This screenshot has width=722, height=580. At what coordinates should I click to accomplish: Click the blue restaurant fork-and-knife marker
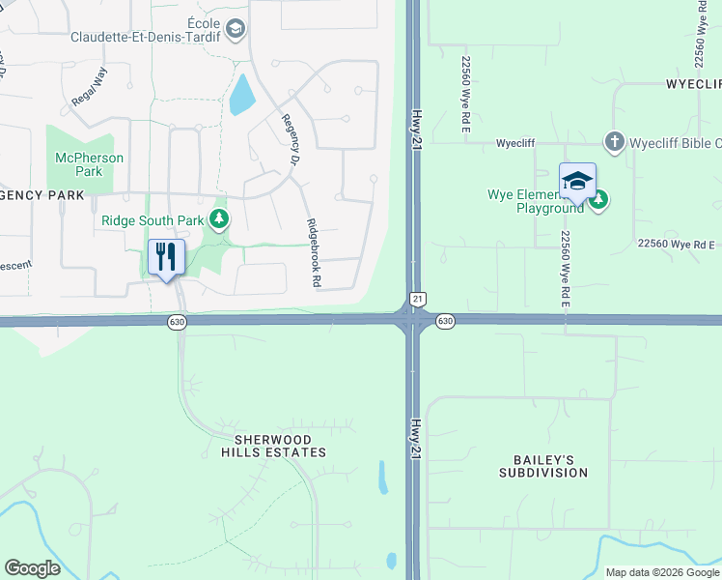coord(166,257)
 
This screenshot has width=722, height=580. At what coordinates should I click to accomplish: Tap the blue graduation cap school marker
coord(577,181)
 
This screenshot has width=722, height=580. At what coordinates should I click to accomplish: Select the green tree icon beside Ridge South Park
coord(220,219)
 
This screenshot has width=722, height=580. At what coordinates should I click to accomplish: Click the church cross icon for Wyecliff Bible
coord(614,142)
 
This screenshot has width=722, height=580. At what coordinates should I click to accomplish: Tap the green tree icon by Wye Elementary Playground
coord(598,200)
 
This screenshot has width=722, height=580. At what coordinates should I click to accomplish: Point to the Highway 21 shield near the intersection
coord(417,300)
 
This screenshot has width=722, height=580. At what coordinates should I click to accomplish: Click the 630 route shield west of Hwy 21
coord(176,321)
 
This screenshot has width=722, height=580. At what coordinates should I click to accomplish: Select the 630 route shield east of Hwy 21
coord(444,321)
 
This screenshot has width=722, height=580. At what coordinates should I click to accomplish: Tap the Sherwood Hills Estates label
coord(273,446)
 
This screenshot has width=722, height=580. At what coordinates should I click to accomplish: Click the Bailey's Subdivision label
coord(543,466)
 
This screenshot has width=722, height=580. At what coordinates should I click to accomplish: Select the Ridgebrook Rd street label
coord(313,253)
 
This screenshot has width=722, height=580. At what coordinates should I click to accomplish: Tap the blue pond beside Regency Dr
coord(241,95)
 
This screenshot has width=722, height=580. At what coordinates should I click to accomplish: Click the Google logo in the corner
coord(32,568)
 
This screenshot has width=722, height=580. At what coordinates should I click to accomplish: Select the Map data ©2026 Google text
coord(662,572)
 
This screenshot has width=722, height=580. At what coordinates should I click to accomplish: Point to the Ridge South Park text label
coord(153,220)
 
